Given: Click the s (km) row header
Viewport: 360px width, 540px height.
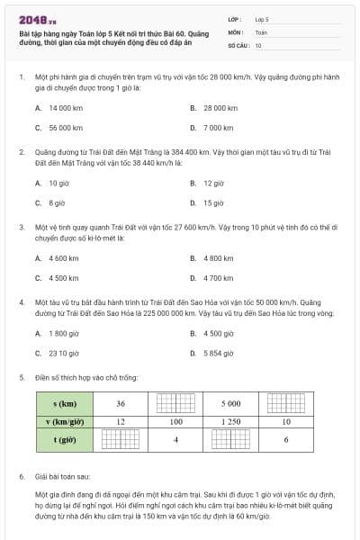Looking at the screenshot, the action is (x=63, y=403).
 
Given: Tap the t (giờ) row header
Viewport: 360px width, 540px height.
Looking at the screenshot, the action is (x=63, y=439).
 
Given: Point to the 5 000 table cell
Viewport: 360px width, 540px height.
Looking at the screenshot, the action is (x=230, y=403).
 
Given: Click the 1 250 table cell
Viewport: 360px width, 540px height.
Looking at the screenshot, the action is (x=230, y=421).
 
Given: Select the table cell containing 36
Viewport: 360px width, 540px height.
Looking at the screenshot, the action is (x=120, y=403).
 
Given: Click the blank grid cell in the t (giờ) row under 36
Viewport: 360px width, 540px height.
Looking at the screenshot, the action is (x=120, y=439).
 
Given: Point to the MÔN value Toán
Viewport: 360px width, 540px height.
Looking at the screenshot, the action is (x=261, y=31).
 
